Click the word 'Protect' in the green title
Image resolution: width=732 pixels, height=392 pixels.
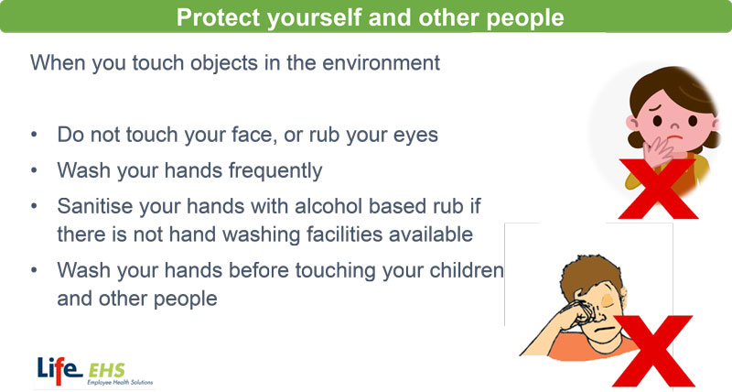[218, 17]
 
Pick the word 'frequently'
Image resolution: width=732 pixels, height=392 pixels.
[275, 171]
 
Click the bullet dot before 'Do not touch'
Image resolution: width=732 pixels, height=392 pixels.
[34, 135]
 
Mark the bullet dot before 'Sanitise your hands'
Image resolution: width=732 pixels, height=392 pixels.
[34, 206]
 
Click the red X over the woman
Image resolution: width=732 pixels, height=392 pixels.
[658, 189]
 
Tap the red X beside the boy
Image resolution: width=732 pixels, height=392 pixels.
[653, 351]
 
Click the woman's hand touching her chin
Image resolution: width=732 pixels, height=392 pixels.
[657, 150]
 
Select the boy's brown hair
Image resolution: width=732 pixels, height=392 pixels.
[589, 273]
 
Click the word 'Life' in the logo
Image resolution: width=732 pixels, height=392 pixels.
[59, 370]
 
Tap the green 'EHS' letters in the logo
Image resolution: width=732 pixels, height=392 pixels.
[107, 371]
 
